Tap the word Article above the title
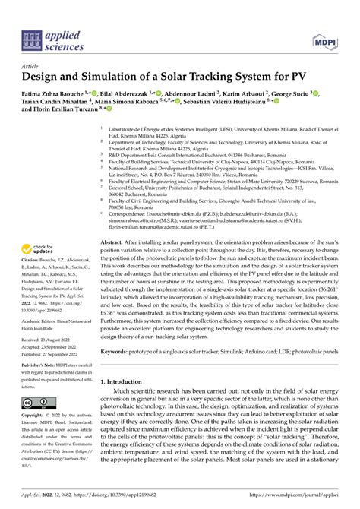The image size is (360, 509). click(x=33, y=66)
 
